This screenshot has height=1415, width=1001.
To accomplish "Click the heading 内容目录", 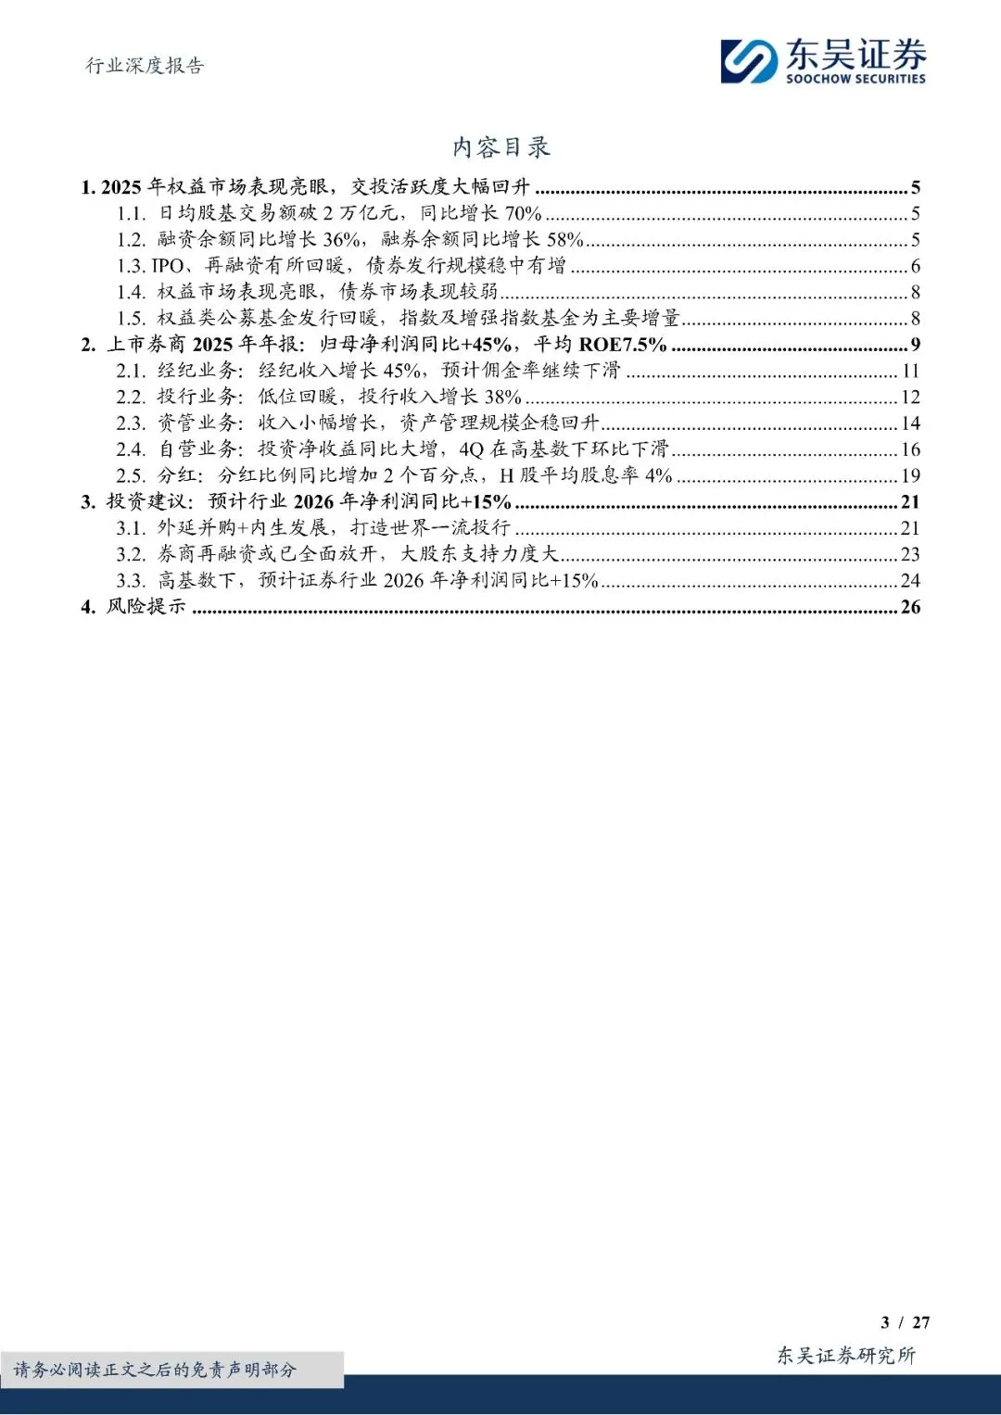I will tap(500, 147).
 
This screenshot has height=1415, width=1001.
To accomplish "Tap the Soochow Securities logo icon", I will tap(749, 61).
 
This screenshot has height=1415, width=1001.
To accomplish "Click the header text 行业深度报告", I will tap(145, 66).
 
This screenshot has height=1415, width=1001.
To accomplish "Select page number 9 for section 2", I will tap(915, 345).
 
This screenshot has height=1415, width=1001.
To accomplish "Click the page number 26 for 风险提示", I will tap(910, 607).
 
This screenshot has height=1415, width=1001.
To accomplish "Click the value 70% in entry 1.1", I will tap(523, 213).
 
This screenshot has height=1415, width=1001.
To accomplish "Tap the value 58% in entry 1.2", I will tap(564, 240).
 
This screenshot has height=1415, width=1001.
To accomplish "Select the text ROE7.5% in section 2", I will tap(623, 345).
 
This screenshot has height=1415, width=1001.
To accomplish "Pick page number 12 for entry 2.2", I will tap(910, 398).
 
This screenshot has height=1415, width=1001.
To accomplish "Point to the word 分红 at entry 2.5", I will tap(178, 475).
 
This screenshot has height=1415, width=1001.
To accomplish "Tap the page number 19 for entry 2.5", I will tap(910, 476).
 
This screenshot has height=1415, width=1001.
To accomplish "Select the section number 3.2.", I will tap(132, 554).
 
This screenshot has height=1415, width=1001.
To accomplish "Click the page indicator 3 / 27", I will tap(905, 1322).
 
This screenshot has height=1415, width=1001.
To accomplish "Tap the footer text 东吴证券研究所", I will tap(845, 1356).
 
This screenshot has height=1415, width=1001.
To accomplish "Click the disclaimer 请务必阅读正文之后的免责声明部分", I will tap(156, 1370).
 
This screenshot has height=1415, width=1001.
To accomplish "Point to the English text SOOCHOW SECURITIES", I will tap(855, 80).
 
